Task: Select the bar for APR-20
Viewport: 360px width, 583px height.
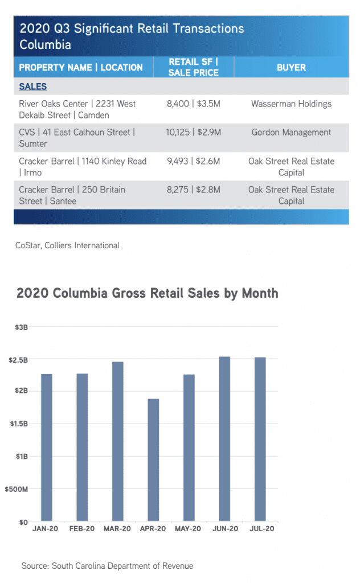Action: coord(153,460)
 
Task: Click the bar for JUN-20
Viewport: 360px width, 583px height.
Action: coord(224,439)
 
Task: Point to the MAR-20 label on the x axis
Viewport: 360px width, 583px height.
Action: coord(117,529)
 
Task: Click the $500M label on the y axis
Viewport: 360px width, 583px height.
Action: coord(18,489)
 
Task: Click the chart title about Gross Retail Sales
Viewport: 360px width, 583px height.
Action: coord(148,293)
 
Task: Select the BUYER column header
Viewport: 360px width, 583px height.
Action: coord(291,67)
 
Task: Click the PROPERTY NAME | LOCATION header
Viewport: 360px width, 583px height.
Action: coord(81,67)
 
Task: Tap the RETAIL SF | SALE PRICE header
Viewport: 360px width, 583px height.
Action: coord(194,67)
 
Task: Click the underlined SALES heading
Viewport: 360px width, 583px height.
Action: coord(33,87)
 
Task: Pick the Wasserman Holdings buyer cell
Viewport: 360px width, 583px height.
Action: coord(291,104)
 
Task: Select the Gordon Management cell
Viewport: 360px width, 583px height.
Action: coord(291,133)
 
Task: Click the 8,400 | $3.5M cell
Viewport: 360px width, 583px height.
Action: coord(194,104)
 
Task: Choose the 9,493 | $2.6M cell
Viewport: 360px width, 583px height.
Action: coord(194,161)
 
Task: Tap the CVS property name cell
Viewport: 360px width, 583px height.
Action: coord(77,138)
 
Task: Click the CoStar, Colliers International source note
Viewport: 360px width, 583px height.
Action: coord(67,245)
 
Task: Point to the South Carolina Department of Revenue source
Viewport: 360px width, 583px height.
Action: coord(107,566)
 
